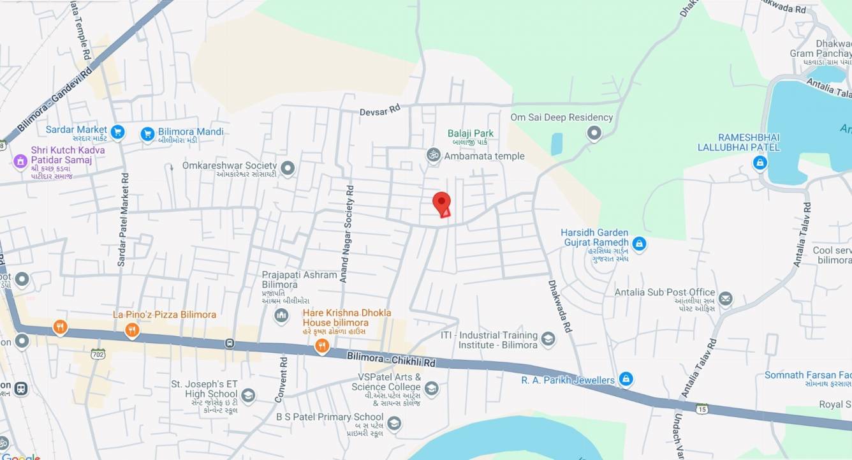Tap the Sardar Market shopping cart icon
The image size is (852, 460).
pos(117,132)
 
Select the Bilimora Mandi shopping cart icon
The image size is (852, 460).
pos(148,134)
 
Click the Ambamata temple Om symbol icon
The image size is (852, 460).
pos(434,155)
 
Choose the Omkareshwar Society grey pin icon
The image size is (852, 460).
pos(288,168)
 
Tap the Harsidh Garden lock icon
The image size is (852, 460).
pos(639,243)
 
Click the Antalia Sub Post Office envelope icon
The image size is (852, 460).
pos(725,299)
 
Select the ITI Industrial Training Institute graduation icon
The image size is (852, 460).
pos(548,339)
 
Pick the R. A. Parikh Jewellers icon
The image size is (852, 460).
pos(626,379)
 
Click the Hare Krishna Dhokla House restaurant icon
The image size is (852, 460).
pos(322,346)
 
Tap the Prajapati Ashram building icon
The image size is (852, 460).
pos(281,315)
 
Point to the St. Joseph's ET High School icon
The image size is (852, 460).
pos(248,396)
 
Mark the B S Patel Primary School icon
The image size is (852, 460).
pos(394,423)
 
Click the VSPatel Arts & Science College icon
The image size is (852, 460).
pos(432,389)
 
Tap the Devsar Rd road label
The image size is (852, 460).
pos(379,110)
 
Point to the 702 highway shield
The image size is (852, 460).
pos(98,353)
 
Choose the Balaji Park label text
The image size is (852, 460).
pos(470,133)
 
